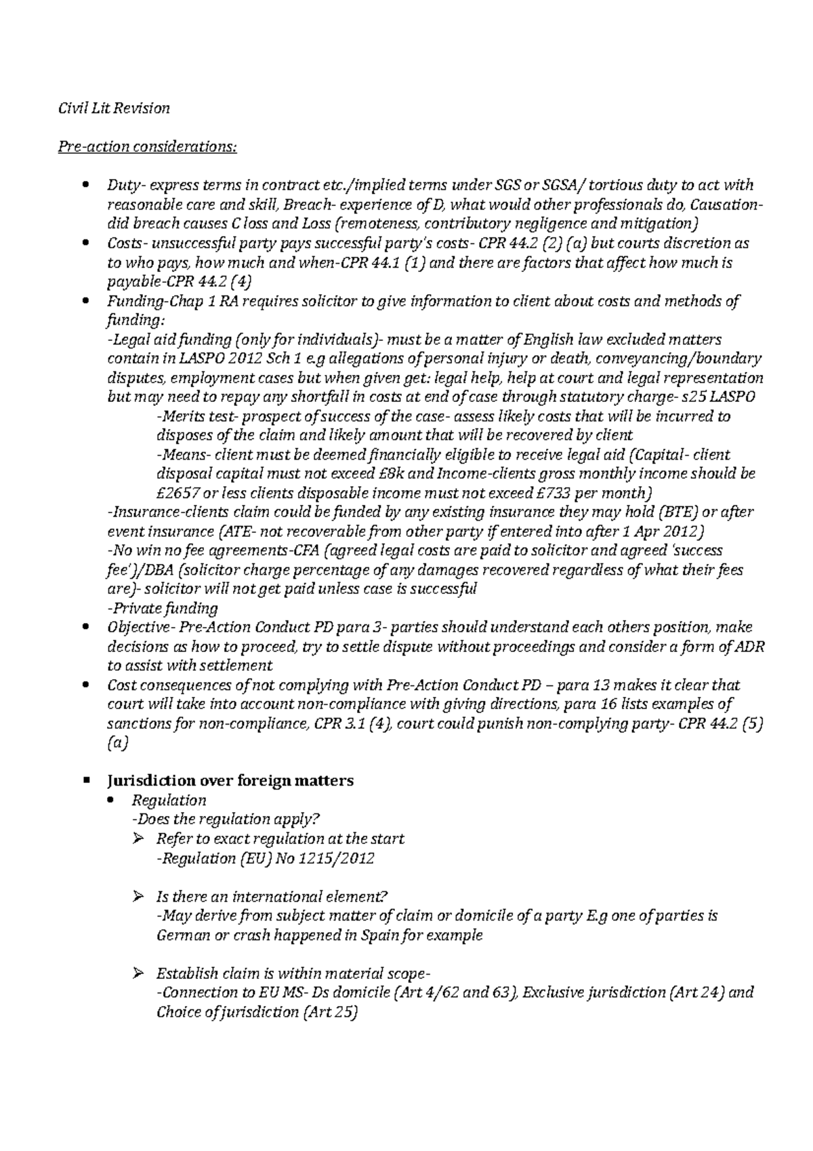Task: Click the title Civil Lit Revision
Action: coord(113,108)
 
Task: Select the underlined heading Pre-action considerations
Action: coord(147,146)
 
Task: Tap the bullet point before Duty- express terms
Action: coord(85,185)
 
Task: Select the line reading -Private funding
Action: coord(163,607)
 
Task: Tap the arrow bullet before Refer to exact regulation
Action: coord(139,839)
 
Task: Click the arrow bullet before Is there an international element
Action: coord(139,896)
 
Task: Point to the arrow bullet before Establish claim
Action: coord(139,973)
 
